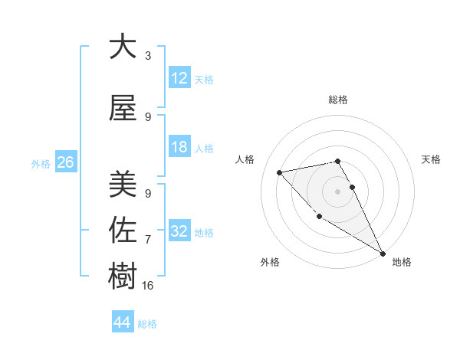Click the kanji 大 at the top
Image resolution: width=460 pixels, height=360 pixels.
[123, 47]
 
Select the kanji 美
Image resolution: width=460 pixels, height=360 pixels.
[123, 185]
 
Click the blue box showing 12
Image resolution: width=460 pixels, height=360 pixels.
[179, 78]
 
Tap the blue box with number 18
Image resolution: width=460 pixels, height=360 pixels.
[179, 147]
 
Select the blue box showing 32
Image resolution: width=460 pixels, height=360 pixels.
[179, 231]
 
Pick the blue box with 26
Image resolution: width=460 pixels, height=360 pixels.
[65, 162]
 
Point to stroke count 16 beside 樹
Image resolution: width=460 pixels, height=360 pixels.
[149, 286]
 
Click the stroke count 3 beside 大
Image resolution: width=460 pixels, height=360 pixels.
[148, 56]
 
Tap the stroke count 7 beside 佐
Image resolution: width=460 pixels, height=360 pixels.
[148, 240]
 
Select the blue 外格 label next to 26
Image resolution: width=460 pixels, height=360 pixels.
[41, 163]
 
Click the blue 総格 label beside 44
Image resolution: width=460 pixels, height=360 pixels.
[147, 324]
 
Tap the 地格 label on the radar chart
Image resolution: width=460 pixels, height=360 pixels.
[402, 262]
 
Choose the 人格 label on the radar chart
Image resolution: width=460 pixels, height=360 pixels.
[246, 159]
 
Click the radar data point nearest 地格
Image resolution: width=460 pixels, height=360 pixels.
[383, 253]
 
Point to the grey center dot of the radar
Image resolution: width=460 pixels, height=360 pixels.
[337, 191]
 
